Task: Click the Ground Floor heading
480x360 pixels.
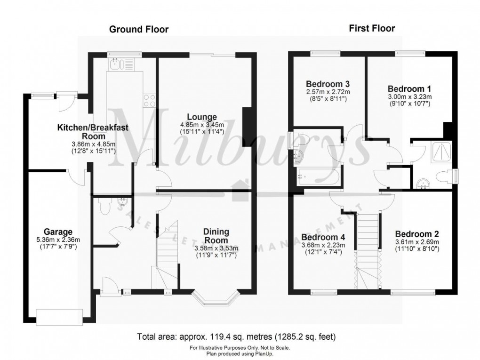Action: click(x=139, y=30)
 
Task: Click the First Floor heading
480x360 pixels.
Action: click(x=372, y=29)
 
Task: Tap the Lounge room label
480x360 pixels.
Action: click(x=202, y=117)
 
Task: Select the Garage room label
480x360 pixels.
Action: click(x=58, y=232)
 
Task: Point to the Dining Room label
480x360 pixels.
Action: click(x=216, y=236)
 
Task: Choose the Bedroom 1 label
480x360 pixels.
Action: click(x=409, y=88)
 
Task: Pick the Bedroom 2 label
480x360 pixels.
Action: click(x=417, y=234)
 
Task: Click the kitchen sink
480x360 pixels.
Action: click(x=116, y=64)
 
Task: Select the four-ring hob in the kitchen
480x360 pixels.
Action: click(x=150, y=101)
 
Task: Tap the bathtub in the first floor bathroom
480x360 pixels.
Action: click(x=317, y=177)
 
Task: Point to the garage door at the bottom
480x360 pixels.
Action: click(x=60, y=316)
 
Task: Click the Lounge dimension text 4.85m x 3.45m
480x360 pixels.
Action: click(x=202, y=125)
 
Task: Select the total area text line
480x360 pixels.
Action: click(x=236, y=337)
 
